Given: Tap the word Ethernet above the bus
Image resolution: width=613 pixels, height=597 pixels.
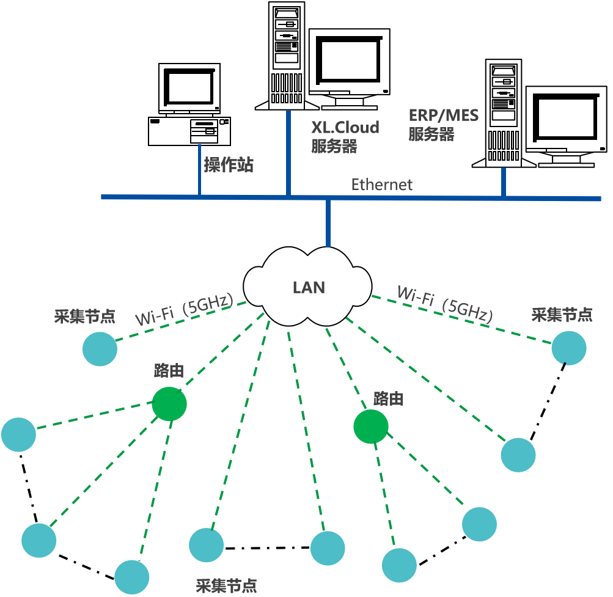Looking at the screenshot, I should (381, 184).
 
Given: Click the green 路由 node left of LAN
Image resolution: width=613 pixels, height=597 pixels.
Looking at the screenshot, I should (169, 404).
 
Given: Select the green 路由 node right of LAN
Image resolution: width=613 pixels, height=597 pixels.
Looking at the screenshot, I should (370, 426).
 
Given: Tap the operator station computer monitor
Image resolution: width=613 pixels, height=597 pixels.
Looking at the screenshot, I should (189, 88).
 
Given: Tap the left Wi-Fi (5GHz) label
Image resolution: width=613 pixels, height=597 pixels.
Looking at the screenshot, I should (184, 310).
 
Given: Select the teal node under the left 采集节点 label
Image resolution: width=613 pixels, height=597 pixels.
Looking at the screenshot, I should (100, 349).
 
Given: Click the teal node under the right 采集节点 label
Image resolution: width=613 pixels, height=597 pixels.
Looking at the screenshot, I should (568, 348).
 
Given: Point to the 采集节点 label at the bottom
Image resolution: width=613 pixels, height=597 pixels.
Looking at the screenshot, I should (226, 586).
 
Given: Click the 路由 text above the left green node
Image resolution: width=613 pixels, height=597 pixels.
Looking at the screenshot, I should (169, 371).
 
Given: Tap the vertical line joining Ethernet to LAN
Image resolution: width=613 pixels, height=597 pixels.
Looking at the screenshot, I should (328, 224).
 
